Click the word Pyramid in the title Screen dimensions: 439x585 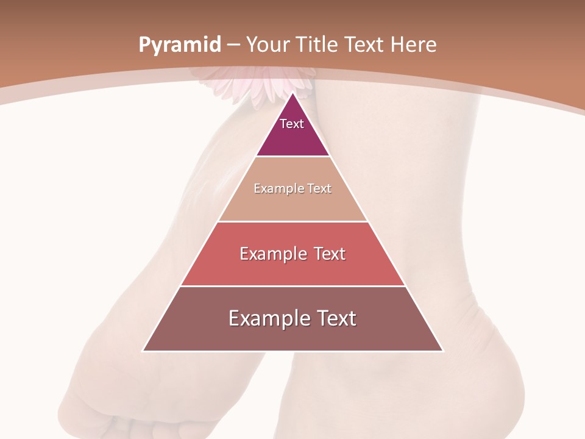[x=179, y=45]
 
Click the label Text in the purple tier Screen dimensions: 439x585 [x=292, y=124]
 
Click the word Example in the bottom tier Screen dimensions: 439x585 [x=269, y=318]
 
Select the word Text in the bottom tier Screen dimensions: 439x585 [x=335, y=318]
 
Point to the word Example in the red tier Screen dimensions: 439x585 [x=272, y=254]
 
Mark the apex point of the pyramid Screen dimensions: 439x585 [x=292, y=93]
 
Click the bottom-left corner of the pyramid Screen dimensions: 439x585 [x=143, y=351]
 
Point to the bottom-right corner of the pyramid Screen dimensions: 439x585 [x=442, y=351]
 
